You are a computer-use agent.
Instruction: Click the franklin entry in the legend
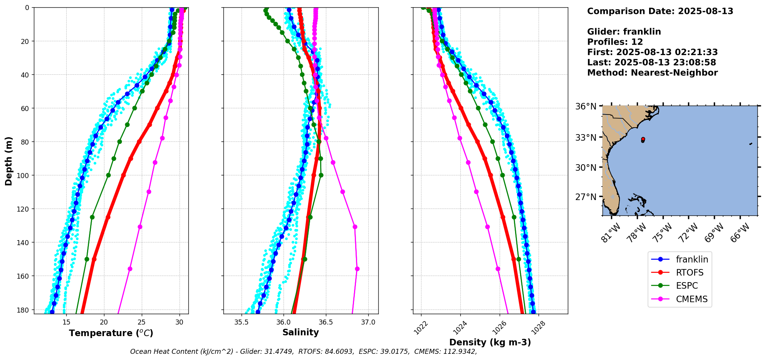[x=692, y=259]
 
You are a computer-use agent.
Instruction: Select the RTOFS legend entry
[x=689, y=273]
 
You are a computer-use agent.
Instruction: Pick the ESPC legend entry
[x=686, y=286]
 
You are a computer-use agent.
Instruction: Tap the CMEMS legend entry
[x=692, y=299]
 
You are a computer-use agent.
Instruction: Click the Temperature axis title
[x=111, y=333]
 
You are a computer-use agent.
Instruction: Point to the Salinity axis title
[x=300, y=332]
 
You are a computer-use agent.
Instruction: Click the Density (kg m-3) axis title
[x=490, y=342]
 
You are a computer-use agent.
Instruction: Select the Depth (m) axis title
[x=8, y=161]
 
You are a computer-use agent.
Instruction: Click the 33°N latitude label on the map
[x=586, y=138]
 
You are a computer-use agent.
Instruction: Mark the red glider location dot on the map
[x=643, y=139]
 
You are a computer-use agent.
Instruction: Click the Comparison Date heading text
[x=660, y=11]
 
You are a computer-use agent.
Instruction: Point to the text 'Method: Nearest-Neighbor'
[x=652, y=73]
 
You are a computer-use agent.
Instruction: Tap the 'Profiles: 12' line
[x=615, y=42]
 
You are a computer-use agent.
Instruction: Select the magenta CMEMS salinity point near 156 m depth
[x=357, y=269]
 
